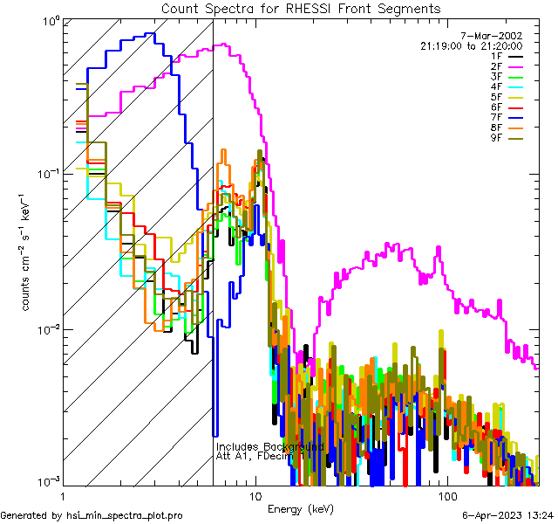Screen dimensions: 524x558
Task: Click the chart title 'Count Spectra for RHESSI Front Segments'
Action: click(301, 9)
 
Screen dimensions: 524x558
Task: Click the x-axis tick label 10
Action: click(255, 496)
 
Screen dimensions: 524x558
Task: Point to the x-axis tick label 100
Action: click(447, 496)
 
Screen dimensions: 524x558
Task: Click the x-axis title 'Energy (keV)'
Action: click(300, 509)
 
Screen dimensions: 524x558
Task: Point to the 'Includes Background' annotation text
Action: click(270, 446)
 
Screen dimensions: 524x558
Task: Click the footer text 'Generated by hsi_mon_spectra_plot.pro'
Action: click(92, 516)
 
